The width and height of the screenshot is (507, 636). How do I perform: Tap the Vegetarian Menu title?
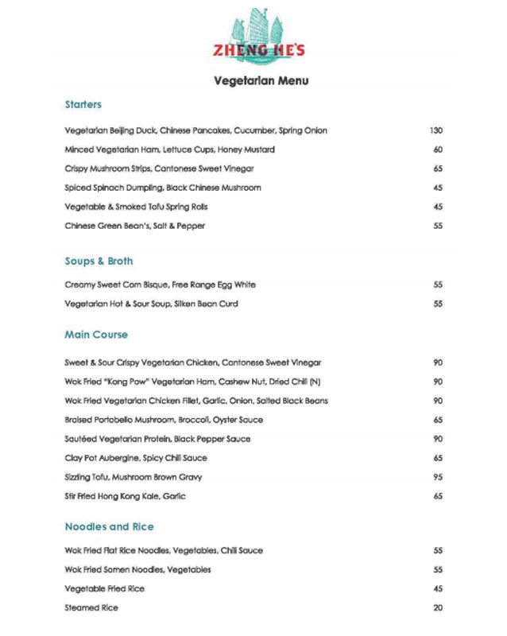pos(261,80)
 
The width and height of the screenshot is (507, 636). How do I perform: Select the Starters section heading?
pos(83,104)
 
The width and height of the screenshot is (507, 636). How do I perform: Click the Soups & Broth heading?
pos(99,261)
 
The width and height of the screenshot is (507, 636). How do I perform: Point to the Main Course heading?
pos(96,335)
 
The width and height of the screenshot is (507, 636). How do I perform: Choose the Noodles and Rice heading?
pos(109,526)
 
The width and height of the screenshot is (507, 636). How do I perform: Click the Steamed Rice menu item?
pos(91,608)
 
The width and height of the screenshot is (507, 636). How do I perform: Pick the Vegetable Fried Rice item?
pos(104,589)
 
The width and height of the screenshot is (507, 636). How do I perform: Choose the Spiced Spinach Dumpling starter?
pos(163,188)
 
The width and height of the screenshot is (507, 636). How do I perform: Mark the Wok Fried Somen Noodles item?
pos(138,570)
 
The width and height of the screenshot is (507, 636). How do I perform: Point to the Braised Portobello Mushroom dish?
pos(163,420)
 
